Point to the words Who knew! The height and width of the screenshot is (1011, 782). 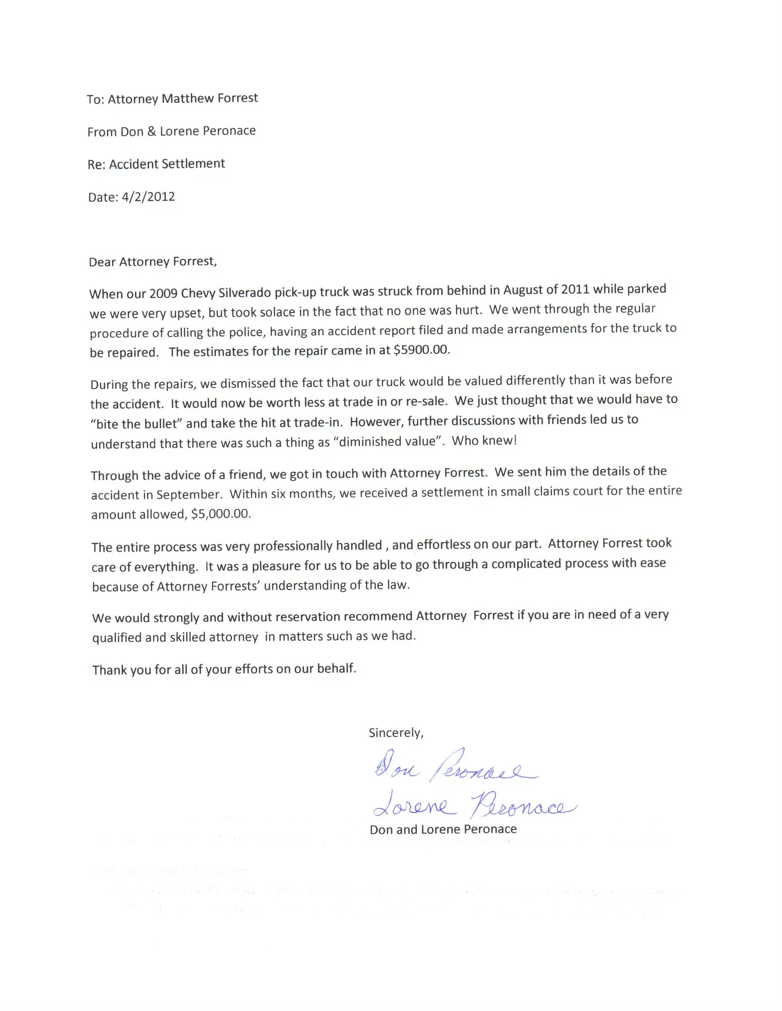484,440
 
